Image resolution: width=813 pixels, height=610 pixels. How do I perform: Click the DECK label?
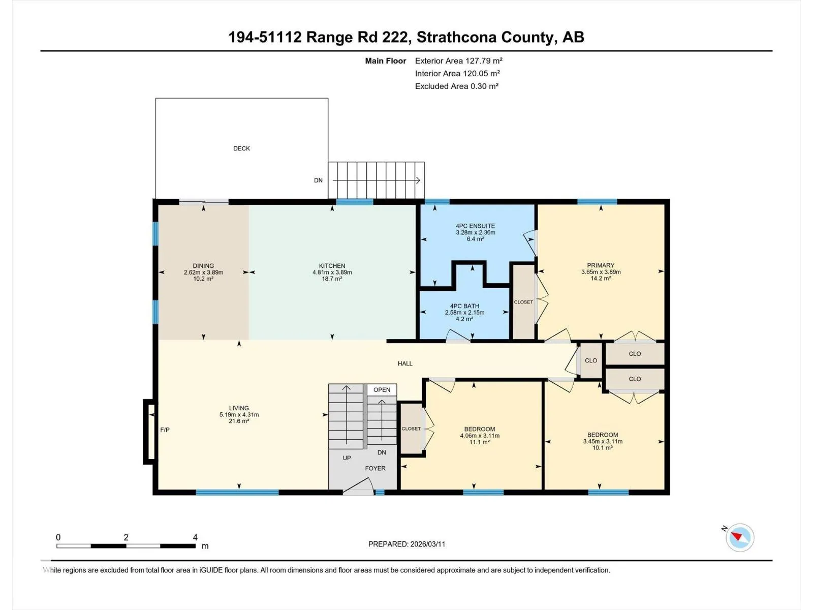tap(241, 148)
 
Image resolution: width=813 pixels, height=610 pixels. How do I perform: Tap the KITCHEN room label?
tap(332, 265)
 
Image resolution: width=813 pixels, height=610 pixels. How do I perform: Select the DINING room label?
tap(203, 265)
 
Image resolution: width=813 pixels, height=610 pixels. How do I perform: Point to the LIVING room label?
tap(239, 408)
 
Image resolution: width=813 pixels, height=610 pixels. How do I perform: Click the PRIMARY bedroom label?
tap(601, 265)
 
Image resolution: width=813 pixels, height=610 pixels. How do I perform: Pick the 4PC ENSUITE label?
tap(475, 226)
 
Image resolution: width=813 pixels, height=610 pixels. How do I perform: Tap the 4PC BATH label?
tap(464, 306)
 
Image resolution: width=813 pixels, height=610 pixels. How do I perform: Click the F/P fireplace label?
tap(165, 430)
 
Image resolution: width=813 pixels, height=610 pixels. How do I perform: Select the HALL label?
tap(405, 363)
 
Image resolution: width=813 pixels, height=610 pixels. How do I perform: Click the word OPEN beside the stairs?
tap(382, 389)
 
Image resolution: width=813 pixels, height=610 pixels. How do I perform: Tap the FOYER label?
tap(375, 468)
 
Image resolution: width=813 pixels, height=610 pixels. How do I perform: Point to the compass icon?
tap(740, 537)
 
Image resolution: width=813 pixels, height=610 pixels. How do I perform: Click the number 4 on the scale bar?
tap(195, 537)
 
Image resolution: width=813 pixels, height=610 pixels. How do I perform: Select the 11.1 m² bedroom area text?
tap(480, 442)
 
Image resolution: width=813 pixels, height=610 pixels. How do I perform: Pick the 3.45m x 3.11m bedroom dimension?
tap(603, 441)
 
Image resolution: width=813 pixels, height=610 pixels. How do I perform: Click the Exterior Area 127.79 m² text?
tap(458, 60)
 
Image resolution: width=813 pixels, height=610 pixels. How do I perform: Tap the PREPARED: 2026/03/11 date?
tap(407, 544)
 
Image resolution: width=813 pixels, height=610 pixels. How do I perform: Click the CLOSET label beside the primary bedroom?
tap(523, 302)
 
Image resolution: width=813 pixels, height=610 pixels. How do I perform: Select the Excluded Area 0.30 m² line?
tap(456, 86)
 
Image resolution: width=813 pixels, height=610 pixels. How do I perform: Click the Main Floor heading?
tap(386, 60)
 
